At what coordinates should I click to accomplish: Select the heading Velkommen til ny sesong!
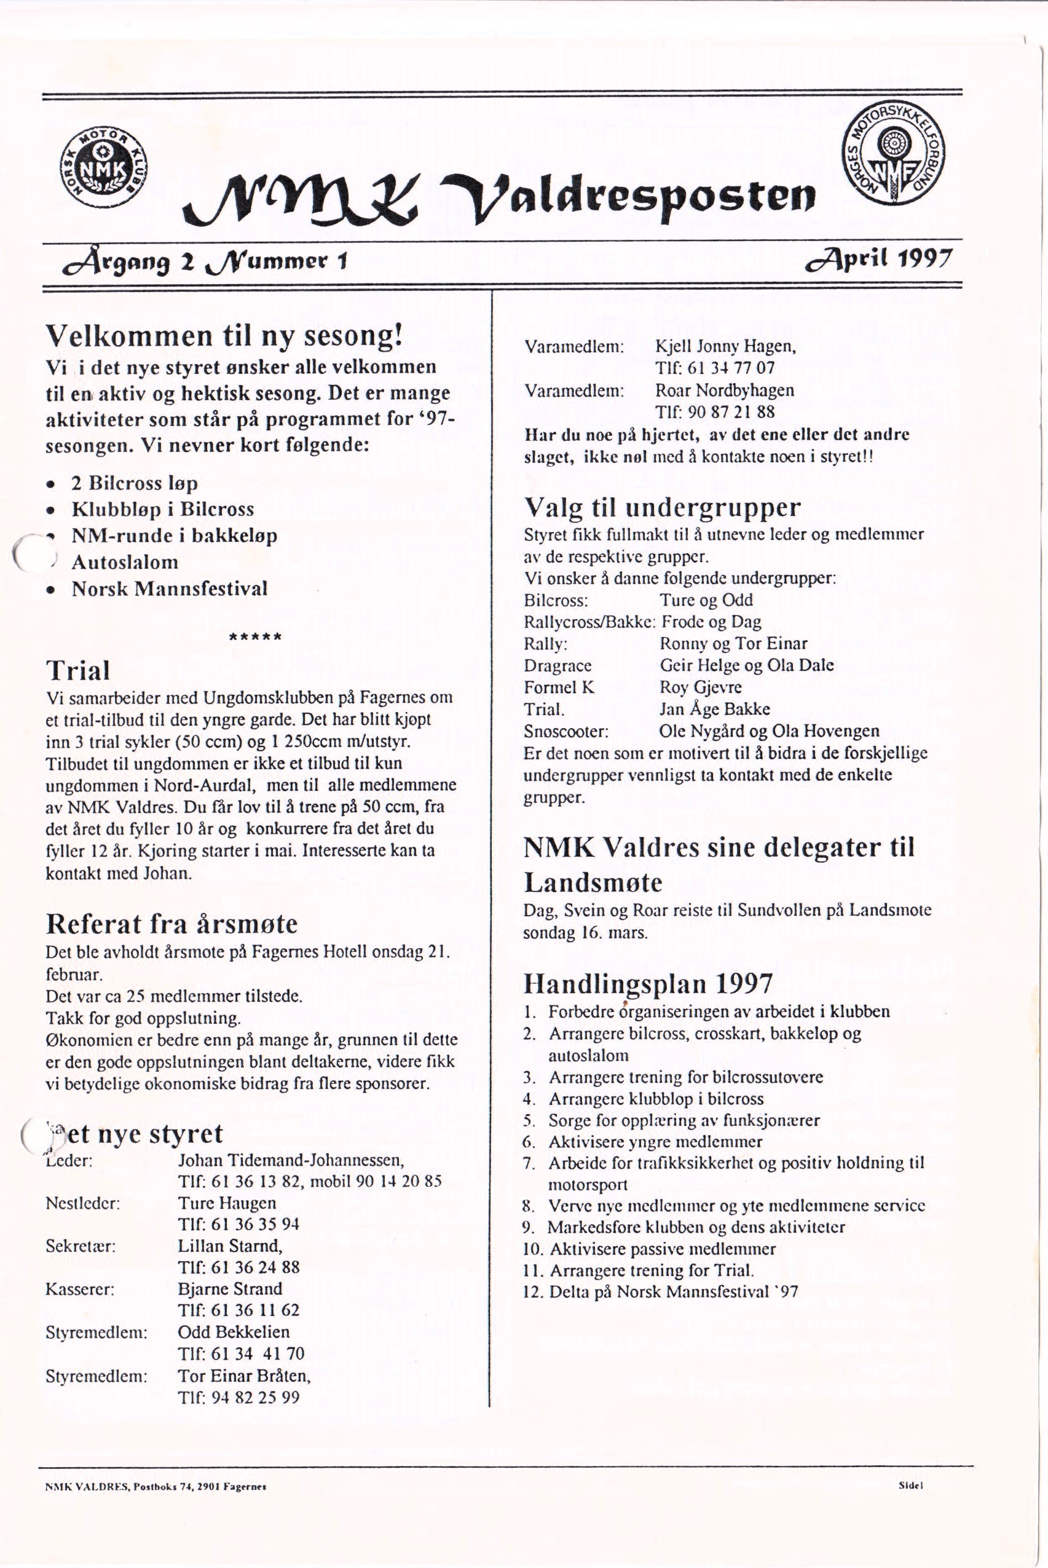(x=224, y=335)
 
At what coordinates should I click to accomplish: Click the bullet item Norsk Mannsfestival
(x=169, y=589)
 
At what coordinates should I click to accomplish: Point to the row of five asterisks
(x=255, y=636)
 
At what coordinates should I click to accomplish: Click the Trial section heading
(x=77, y=671)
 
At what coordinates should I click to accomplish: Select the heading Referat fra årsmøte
(x=171, y=924)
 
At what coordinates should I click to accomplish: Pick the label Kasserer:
(x=80, y=1288)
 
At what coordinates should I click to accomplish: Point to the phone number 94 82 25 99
(x=255, y=1397)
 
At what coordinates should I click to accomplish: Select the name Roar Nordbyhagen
(x=725, y=390)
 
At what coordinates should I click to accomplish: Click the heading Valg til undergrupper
(x=661, y=507)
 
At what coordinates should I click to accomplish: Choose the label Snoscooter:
(x=566, y=732)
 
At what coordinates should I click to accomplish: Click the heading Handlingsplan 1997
(x=648, y=984)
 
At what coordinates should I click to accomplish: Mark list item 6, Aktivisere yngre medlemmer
(x=655, y=1142)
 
